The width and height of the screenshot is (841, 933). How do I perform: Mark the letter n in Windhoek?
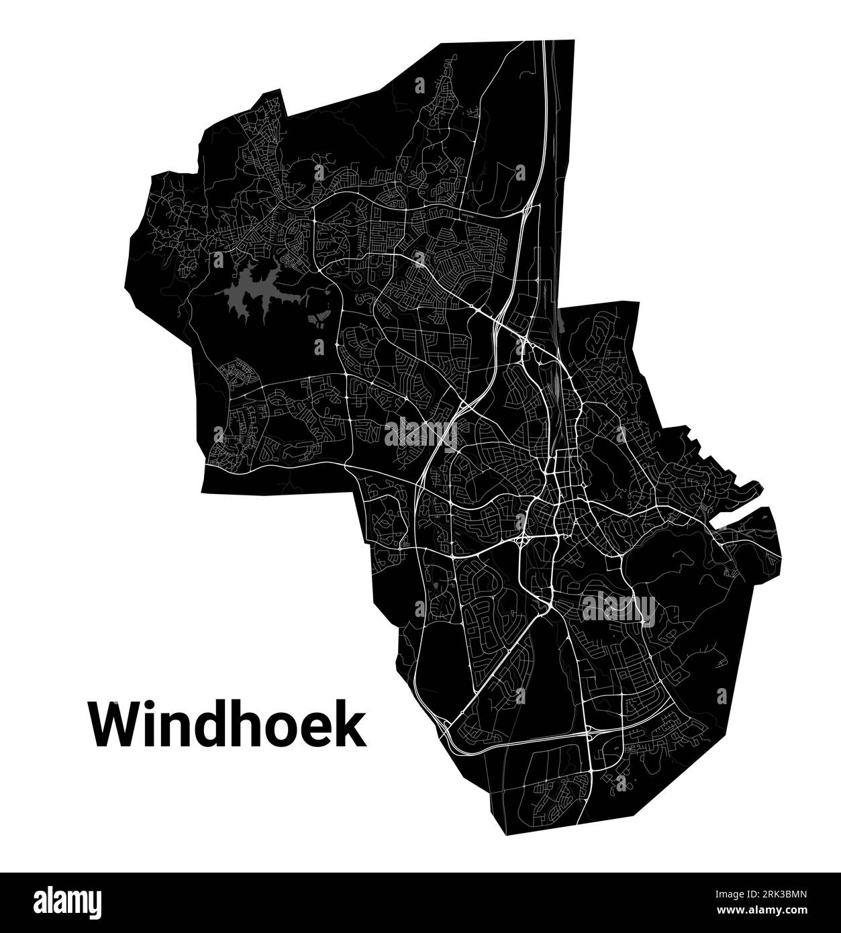[180, 729]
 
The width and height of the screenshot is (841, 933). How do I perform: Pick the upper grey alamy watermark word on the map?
[420, 433]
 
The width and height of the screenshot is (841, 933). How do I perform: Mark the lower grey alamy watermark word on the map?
[619, 608]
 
